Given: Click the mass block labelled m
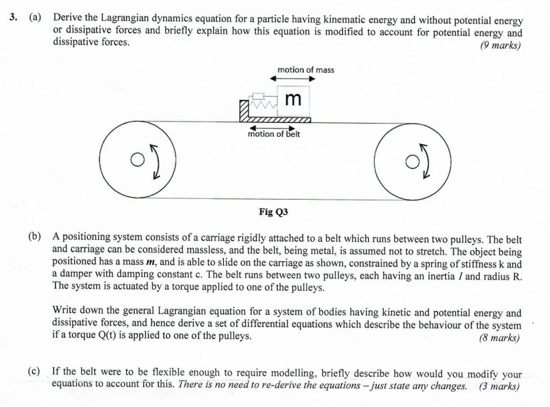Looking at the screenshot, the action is click(293, 99).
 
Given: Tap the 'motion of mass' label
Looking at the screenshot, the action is click(306, 70).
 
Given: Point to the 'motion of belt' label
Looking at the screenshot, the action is click(274, 134).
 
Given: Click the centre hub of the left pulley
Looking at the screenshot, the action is click(135, 159).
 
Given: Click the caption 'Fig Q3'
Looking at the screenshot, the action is click(274, 211).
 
